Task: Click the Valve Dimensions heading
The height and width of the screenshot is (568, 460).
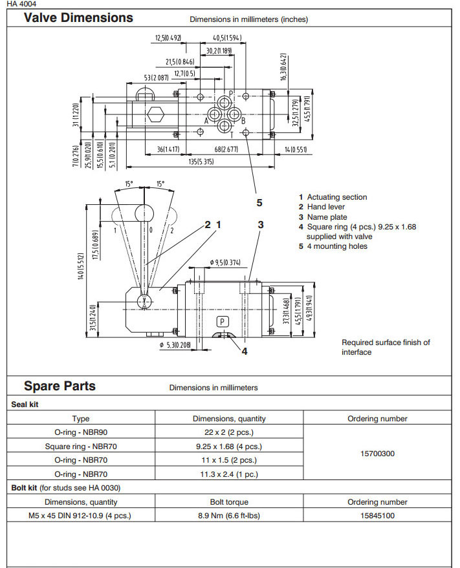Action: [78, 18]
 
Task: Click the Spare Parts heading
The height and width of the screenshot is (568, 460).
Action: [60, 386]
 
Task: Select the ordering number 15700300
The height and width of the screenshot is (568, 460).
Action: [377, 454]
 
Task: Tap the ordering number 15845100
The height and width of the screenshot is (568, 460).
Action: [377, 516]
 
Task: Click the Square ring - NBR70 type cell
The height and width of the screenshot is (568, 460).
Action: [81, 446]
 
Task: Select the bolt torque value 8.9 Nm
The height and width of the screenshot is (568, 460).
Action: [229, 516]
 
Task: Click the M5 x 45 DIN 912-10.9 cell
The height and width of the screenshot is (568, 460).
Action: [81, 516]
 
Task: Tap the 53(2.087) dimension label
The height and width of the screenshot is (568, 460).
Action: [157, 78]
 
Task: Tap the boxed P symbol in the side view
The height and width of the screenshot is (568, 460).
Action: [222, 321]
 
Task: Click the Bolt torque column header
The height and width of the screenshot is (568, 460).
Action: [229, 502]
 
